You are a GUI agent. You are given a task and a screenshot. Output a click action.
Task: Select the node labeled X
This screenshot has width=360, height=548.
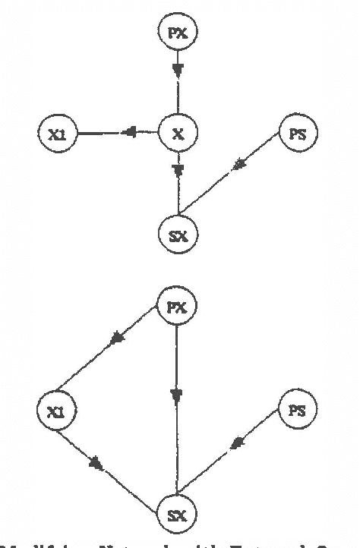[178, 134]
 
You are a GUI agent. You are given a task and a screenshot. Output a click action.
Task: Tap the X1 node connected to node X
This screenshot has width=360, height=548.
[54, 134]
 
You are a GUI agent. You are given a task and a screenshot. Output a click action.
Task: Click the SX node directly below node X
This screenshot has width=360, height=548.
[178, 233]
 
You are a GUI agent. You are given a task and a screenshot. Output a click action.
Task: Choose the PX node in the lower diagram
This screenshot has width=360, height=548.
[175, 308]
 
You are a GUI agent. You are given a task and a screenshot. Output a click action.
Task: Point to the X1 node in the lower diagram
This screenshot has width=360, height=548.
[54, 411]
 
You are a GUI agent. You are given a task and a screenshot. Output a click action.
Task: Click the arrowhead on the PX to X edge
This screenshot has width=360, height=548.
[178, 71]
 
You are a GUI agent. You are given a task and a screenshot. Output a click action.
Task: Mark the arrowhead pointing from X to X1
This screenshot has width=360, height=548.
[130, 134]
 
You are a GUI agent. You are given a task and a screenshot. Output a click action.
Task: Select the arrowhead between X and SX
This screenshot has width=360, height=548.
[178, 171]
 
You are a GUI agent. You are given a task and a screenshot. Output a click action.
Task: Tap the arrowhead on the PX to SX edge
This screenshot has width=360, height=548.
[176, 395]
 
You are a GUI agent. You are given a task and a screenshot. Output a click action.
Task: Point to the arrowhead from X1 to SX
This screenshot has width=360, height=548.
[96, 461]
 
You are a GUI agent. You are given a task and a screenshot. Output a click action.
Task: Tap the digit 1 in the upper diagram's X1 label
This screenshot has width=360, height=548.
[59, 134]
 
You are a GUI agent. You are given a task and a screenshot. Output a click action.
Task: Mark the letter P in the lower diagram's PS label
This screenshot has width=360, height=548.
[294, 411]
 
